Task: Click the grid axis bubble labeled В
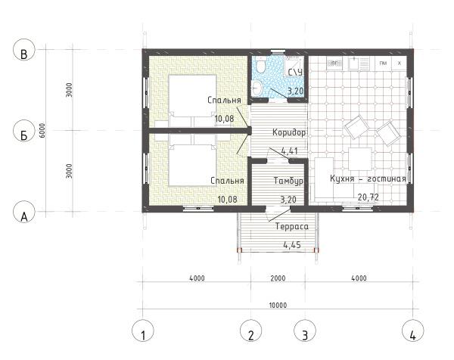[24, 50]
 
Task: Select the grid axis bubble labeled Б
[24, 131]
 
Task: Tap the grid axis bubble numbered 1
[143, 331]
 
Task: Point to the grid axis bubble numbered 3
[305, 331]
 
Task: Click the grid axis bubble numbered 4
[413, 331]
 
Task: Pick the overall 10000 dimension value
[278, 306]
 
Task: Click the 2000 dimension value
[278, 278]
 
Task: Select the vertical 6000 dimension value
[42, 131]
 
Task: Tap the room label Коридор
[289, 132]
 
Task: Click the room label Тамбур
[289, 181]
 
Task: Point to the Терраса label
[291, 226]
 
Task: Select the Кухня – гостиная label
[368, 178]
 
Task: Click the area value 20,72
[368, 197]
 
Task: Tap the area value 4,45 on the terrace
[292, 245]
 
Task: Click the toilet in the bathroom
[262, 64]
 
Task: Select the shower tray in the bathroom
[294, 66]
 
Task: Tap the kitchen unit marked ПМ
[383, 63]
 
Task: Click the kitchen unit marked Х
[400, 63]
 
